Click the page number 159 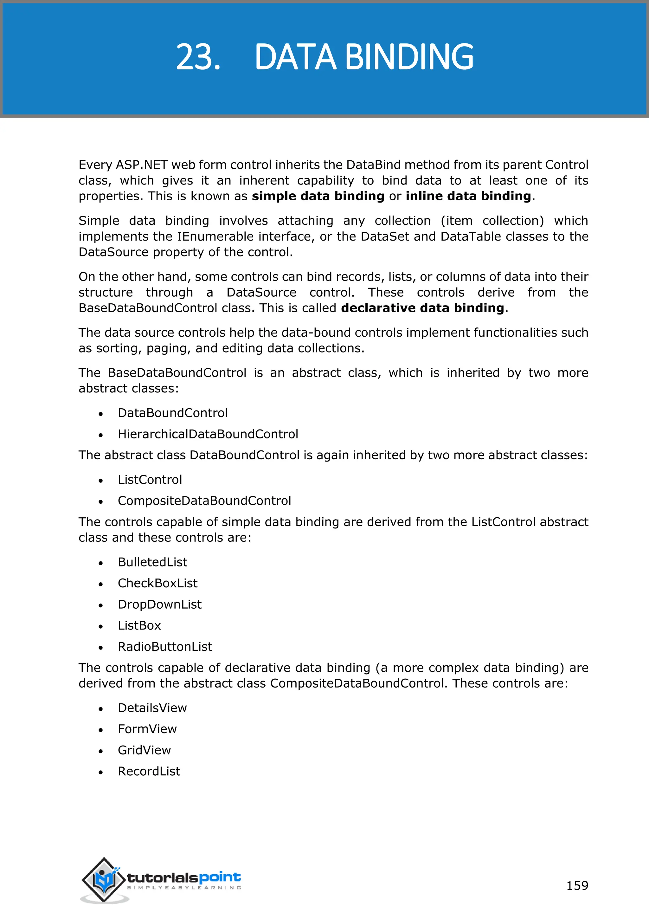click(577, 885)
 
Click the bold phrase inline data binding click(468, 196)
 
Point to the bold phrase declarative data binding click(422, 308)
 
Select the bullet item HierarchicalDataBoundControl click(208, 434)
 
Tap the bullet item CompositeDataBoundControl click(204, 501)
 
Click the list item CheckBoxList click(157, 583)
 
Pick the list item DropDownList click(159, 604)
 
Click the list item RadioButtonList click(165, 647)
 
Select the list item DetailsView click(152, 708)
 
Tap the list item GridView click(144, 750)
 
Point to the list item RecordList click(149, 771)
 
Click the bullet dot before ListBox click(101, 626)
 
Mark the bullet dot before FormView click(101, 730)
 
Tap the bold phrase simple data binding click(318, 196)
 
